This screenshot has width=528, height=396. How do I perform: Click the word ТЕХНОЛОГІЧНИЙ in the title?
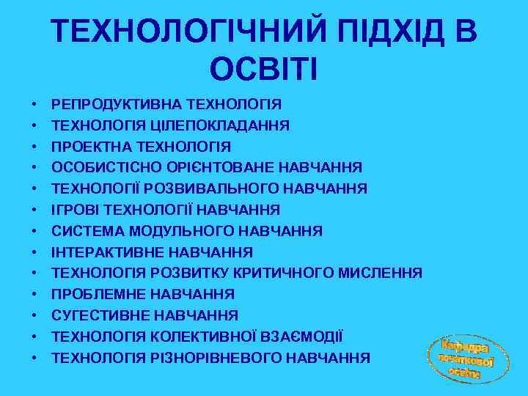coord(176,31)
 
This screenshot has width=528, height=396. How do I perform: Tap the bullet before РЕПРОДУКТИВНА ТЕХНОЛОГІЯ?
coord(34,105)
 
